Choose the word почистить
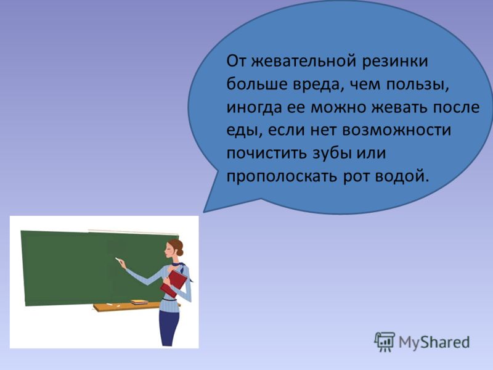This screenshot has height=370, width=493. pos(267,153)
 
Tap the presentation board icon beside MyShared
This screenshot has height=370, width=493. pos(384,342)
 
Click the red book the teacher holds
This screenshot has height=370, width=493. pos(174,284)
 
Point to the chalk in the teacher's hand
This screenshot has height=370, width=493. pos(118,260)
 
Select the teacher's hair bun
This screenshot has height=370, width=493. pos(180,252)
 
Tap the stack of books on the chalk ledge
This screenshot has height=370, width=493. pos(139,302)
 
